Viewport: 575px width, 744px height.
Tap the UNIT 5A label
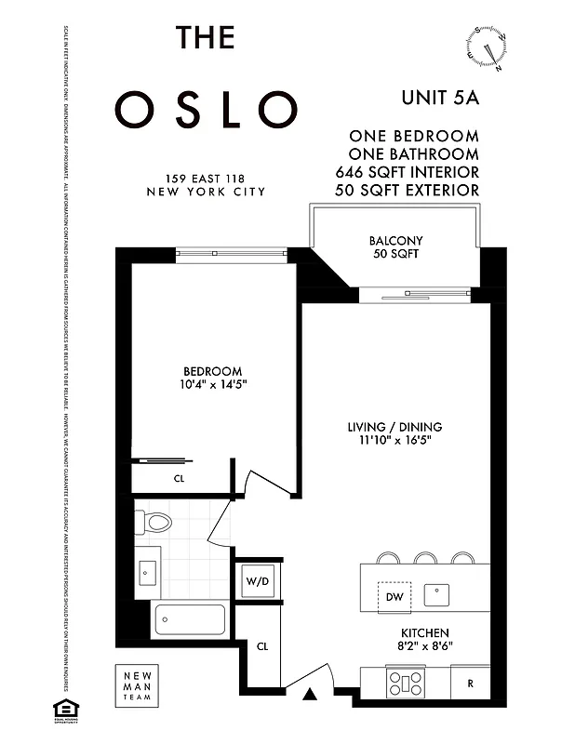coord(440,96)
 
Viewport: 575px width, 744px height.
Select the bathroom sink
coord(148,573)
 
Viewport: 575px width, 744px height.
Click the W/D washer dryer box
coord(257,582)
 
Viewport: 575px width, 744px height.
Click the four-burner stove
coord(408,684)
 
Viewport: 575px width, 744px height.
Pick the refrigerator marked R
coord(471,684)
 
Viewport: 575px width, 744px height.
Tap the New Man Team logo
coord(135,685)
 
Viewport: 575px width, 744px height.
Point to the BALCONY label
coord(395,241)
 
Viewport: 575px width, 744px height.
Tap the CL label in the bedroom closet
coord(179,479)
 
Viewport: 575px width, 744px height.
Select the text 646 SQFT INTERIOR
coord(408,172)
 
